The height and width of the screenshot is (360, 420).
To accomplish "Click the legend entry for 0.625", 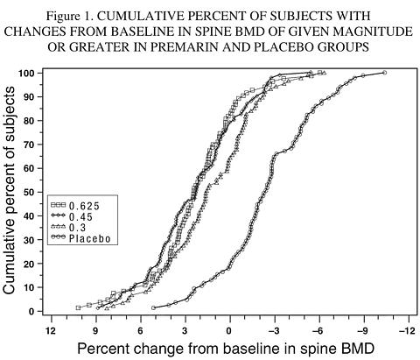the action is (75, 206).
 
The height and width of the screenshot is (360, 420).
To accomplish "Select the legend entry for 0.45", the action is (72, 216).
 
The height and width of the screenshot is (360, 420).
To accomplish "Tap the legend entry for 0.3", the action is (68, 228).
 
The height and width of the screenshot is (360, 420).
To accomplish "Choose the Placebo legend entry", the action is (80, 238).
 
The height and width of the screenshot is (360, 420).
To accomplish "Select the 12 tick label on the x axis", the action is (51, 331).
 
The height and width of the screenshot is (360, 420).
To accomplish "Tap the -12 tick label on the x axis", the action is (407, 331).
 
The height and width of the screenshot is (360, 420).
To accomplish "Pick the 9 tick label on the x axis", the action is (95, 331).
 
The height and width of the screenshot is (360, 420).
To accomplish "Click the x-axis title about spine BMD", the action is (226, 349).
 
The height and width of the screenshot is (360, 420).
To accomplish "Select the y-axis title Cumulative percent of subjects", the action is (9, 190).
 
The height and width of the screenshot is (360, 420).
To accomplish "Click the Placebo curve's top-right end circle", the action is (384, 73).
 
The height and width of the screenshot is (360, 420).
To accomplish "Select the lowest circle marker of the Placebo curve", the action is (153, 307).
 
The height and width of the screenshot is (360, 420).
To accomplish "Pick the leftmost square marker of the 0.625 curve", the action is (78, 307).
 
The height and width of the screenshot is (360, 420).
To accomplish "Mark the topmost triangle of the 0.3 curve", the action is (325, 73).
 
